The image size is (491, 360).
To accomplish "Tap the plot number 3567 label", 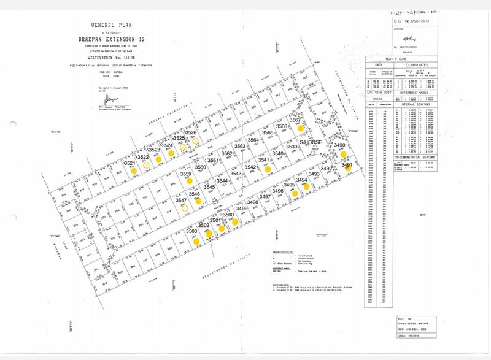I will (297, 120).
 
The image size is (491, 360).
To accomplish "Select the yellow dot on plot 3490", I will (344, 154).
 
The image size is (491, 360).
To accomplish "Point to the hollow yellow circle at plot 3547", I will (183, 207).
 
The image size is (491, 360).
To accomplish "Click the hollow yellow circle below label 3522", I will (145, 165).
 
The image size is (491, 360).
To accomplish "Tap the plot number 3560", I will (200, 167).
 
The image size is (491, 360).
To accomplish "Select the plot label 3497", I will (265, 196).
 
